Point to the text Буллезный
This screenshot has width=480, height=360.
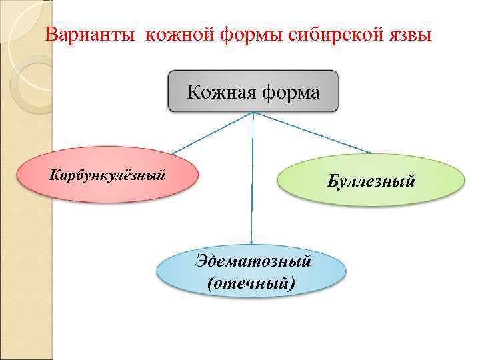(371, 180)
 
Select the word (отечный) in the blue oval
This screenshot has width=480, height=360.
(250, 283)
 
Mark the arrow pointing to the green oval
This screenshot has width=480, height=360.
(313, 133)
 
